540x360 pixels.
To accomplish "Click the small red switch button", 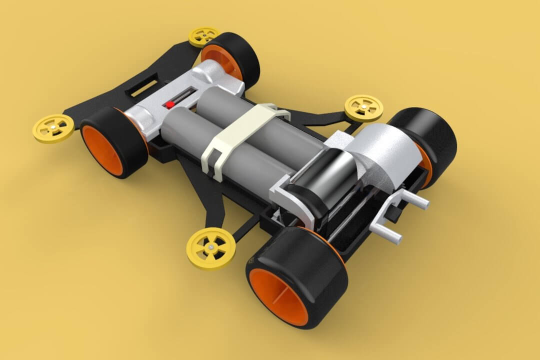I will (x=170, y=104).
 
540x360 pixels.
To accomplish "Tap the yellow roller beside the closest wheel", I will (x=211, y=247).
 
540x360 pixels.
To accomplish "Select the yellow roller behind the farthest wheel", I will (x=203, y=36).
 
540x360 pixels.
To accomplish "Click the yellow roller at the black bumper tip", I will (x=53, y=128).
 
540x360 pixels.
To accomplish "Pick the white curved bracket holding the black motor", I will (x=295, y=200).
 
